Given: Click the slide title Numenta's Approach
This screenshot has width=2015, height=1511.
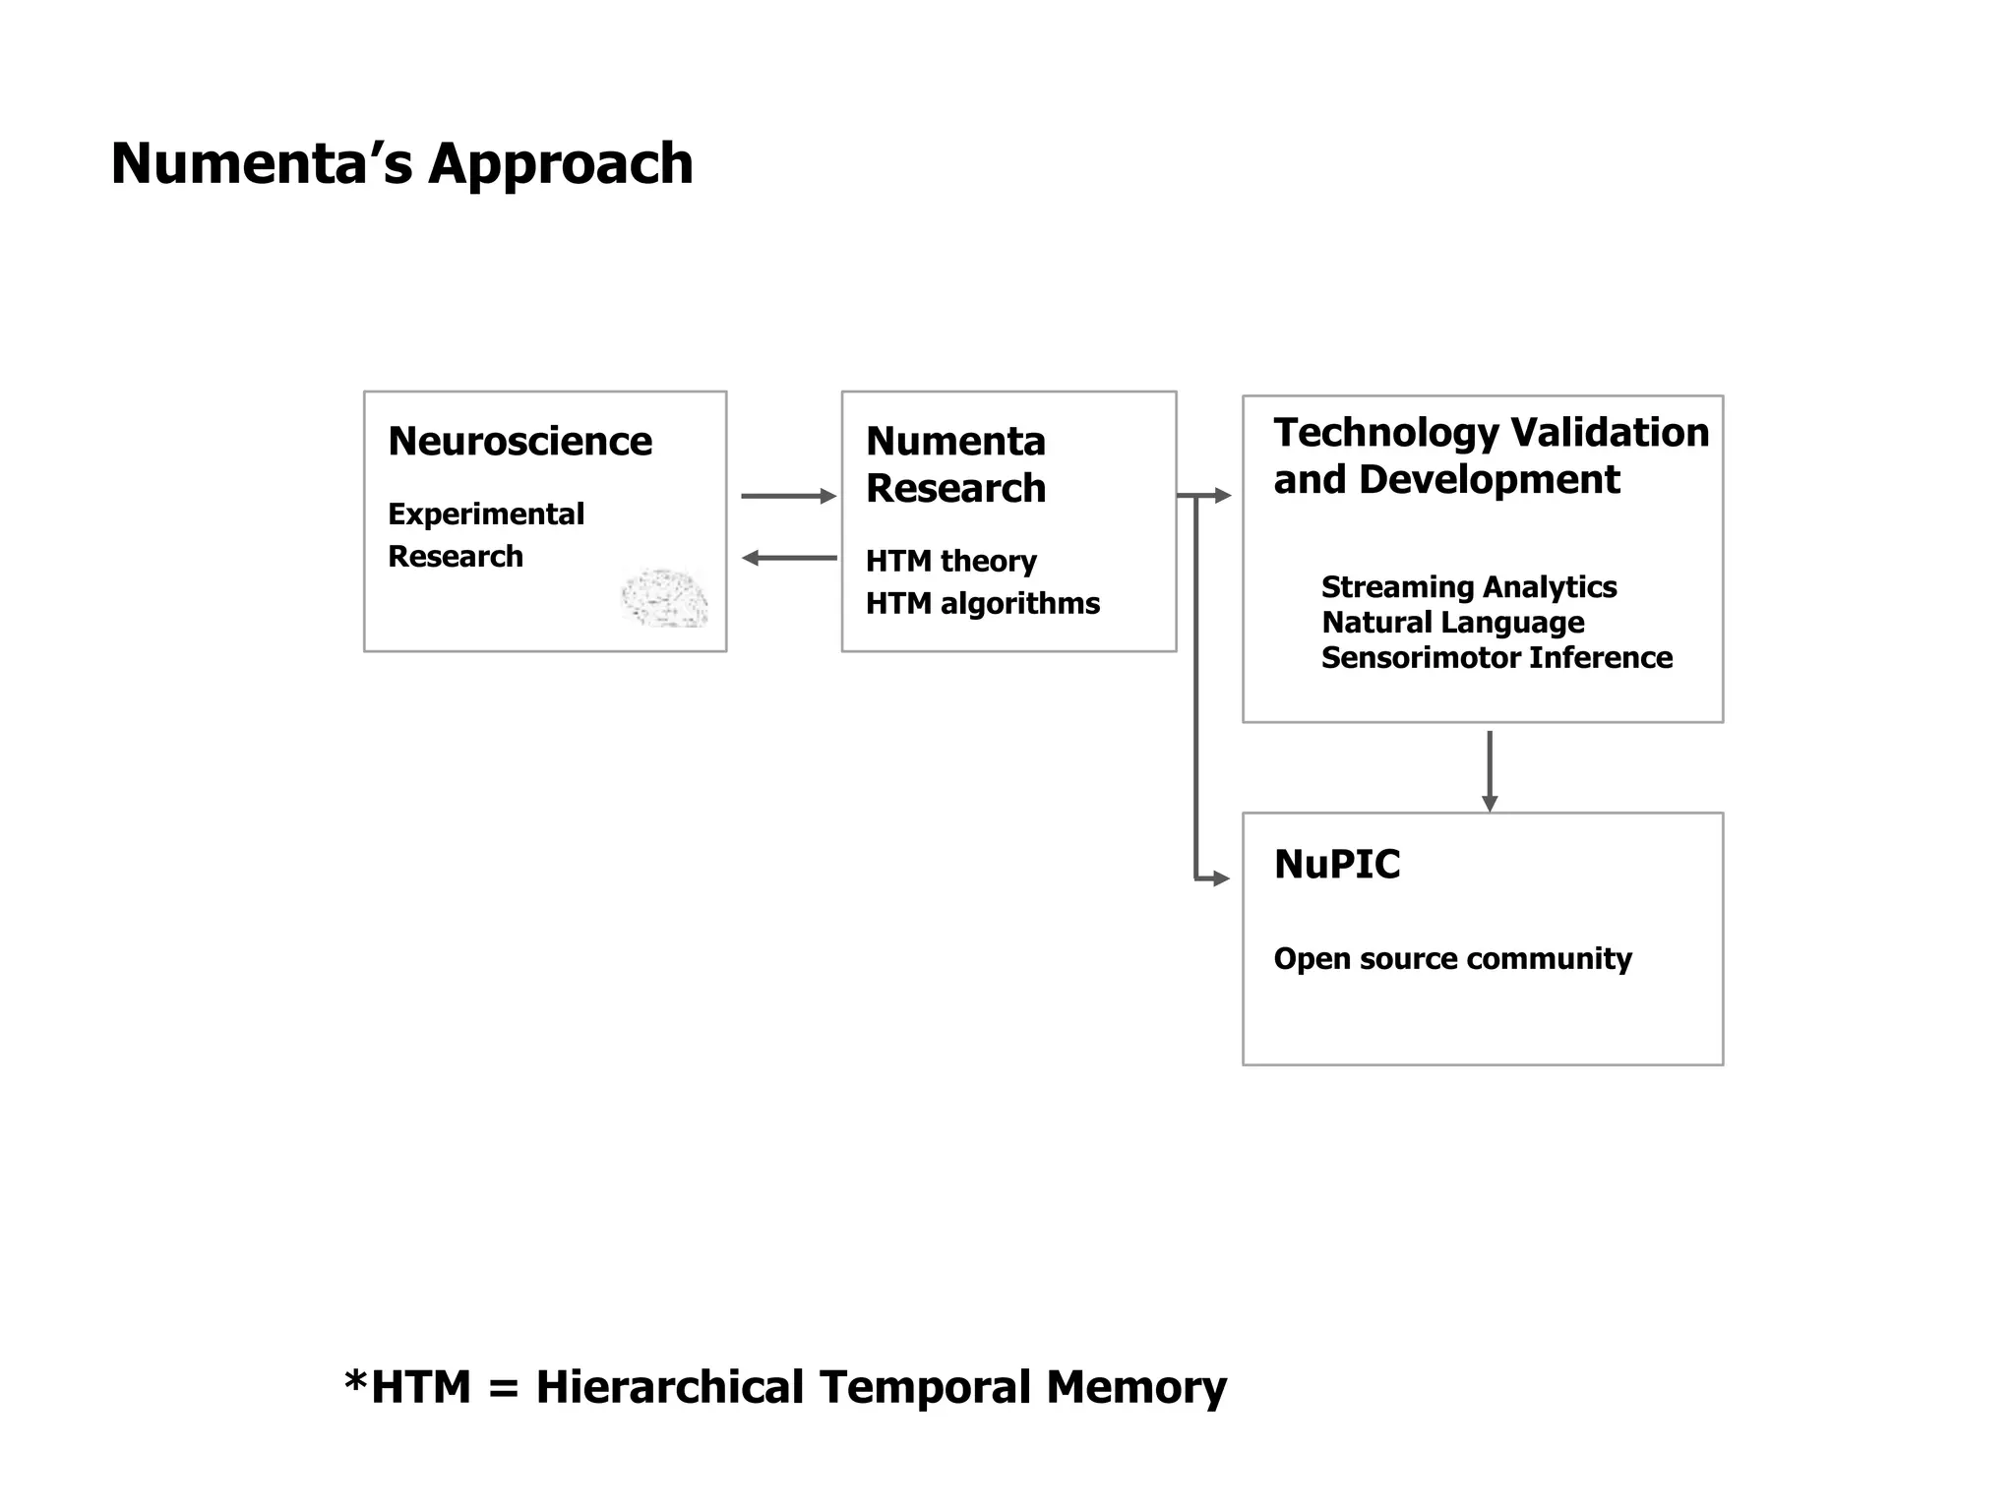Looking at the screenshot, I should click(401, 163).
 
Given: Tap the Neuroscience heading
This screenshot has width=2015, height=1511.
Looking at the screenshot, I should click(519, 441).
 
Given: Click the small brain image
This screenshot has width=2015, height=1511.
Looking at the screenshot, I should click(665, 597).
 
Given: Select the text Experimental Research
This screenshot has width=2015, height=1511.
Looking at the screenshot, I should click(485, 534).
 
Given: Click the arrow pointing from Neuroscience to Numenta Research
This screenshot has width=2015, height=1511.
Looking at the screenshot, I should click(787, 496).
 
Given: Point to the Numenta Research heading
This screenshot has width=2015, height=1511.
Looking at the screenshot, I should click(954, 464).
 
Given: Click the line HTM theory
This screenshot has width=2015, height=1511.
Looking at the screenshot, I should click(950, 561).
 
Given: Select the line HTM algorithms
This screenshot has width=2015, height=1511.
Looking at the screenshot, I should click(982, 603).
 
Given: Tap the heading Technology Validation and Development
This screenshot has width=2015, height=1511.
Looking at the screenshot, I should click(1490, 455).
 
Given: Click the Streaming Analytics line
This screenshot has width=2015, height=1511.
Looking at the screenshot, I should click(1468, 587).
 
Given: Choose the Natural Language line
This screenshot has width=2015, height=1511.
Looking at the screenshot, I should click(1452, 623).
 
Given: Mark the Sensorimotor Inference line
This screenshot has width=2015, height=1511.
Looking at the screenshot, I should click(1496, 657).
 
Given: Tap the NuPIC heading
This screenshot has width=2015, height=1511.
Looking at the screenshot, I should click(1336, 864).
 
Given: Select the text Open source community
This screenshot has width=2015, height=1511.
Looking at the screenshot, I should click(1452, 958).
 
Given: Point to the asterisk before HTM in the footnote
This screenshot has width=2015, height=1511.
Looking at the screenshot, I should click(355, 1381).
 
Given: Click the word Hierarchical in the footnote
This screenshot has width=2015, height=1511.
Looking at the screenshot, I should click(669, 1387).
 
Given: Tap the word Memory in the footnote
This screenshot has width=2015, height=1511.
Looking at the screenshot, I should click(1135, 1387).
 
